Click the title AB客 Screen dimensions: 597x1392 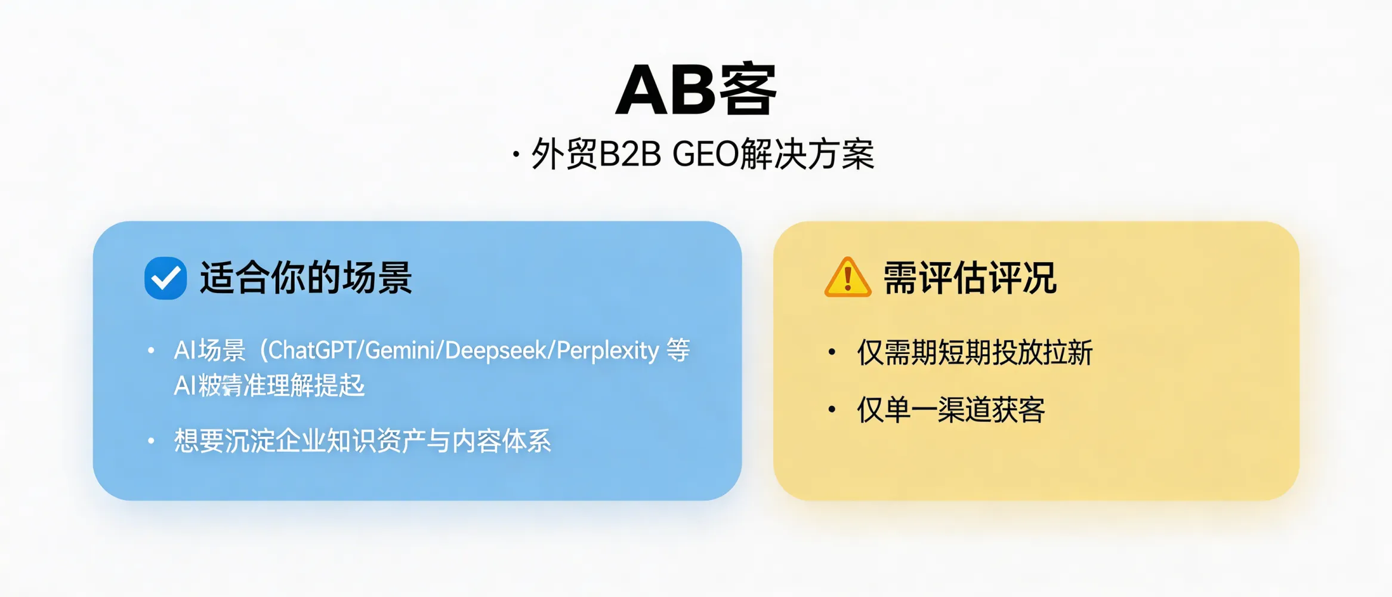pyautogui.click(x=696, y=90)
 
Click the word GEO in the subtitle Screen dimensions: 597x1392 pyautogui.click(x=706, y=155)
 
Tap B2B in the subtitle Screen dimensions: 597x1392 pyautogui.click(x=630, y=155)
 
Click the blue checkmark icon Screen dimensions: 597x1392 pyautogui.click(x=165, y=278)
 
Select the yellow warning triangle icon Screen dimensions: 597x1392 pyautogui.click(x=847, y=278)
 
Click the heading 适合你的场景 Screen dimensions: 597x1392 pyautogui.click(x=305, y=278)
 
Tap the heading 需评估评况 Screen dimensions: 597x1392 pyautogui.click(x=970, y=278)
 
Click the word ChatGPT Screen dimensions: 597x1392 pyautogui.click(x=312, y=350)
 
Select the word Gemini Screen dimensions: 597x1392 pyautogui.click(x=400, y=350)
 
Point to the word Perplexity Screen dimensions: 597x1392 pyautogui.click(x=607, y=350)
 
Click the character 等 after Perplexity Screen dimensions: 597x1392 pyautogui.click(x=678, y=350)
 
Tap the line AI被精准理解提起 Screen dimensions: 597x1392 pyautogui.click(x=269, y=386)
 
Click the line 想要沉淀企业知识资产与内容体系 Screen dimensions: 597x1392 pyautogui.click(x=362, y=441)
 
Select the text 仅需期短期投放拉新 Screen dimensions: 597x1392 pyautogui.click(x=974, y=352)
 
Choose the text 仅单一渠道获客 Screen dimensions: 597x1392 pyautogui.click(x=950, y=410)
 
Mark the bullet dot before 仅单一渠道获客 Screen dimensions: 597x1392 pyautogui.click(x=832, y=410)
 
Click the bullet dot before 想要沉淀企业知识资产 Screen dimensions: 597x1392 pyautogui.click(x=152, y=441)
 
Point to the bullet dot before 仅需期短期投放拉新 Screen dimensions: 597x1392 pyautogui.click(x=832, y=352)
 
